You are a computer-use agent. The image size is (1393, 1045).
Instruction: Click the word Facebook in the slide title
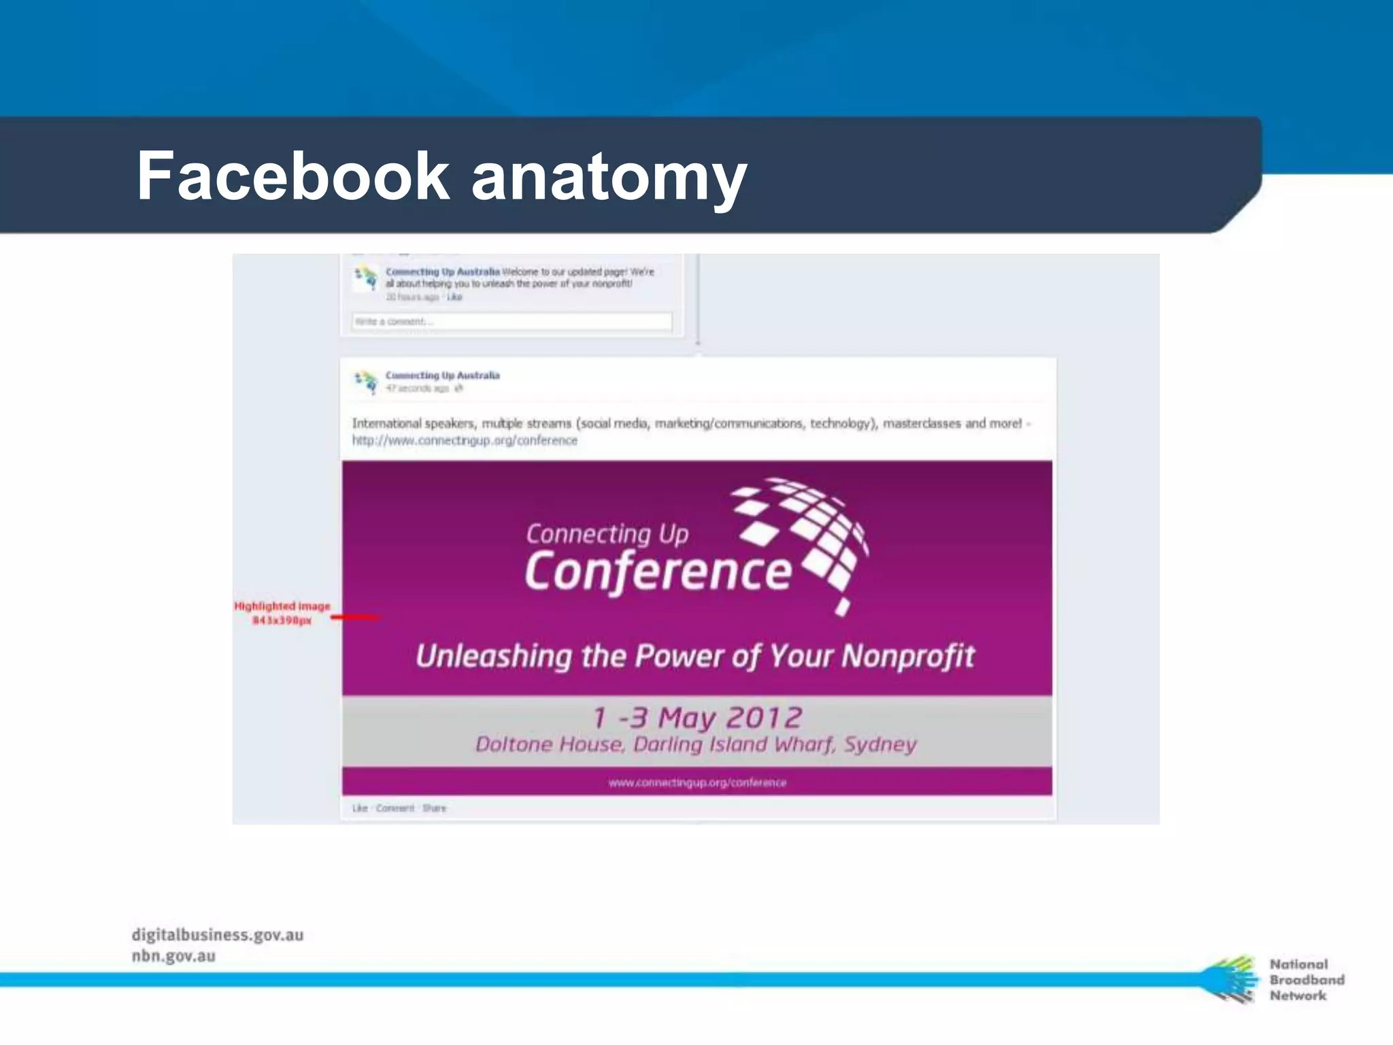[x=292, y=176]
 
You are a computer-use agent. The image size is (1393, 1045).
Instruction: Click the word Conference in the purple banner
[x=658, y=571]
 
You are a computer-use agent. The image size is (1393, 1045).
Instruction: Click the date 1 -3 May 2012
[x=697, y=717]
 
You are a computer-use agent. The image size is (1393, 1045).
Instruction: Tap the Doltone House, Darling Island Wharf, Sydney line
[x=696, y=744]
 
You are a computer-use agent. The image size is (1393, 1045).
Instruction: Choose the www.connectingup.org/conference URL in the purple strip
[x=697, y=782]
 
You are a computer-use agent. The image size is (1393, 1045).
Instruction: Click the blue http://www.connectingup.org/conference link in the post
[x=465, y=441]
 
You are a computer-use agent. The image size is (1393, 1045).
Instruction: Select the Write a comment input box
[x=511, y=322]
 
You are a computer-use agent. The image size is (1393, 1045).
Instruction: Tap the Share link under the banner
[x=434, y=808]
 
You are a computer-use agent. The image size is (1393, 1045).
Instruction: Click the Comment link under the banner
[x=395, y=808]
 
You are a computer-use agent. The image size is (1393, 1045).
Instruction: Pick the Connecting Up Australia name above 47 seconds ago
[x=442, y=376]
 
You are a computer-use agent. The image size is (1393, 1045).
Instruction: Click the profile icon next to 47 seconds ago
[x=366, y=381]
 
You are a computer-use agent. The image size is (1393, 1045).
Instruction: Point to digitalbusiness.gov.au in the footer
[x=218, y=935]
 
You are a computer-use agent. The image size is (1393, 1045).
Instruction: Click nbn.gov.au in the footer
[x=173, y=956]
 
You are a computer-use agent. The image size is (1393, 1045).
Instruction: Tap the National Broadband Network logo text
[x=1306, y=980]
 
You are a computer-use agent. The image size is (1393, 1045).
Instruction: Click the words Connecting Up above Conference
[x=607, y=534]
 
